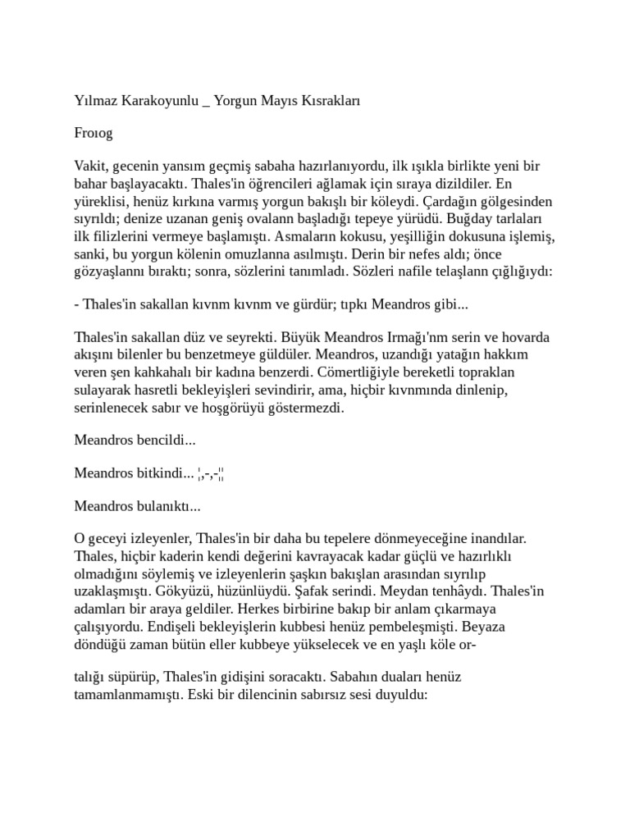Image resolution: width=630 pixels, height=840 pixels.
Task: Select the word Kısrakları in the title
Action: click(330, 101)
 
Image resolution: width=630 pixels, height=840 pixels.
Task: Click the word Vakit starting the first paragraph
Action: click(89, 166)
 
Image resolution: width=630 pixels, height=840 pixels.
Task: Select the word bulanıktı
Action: click(168, 505)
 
